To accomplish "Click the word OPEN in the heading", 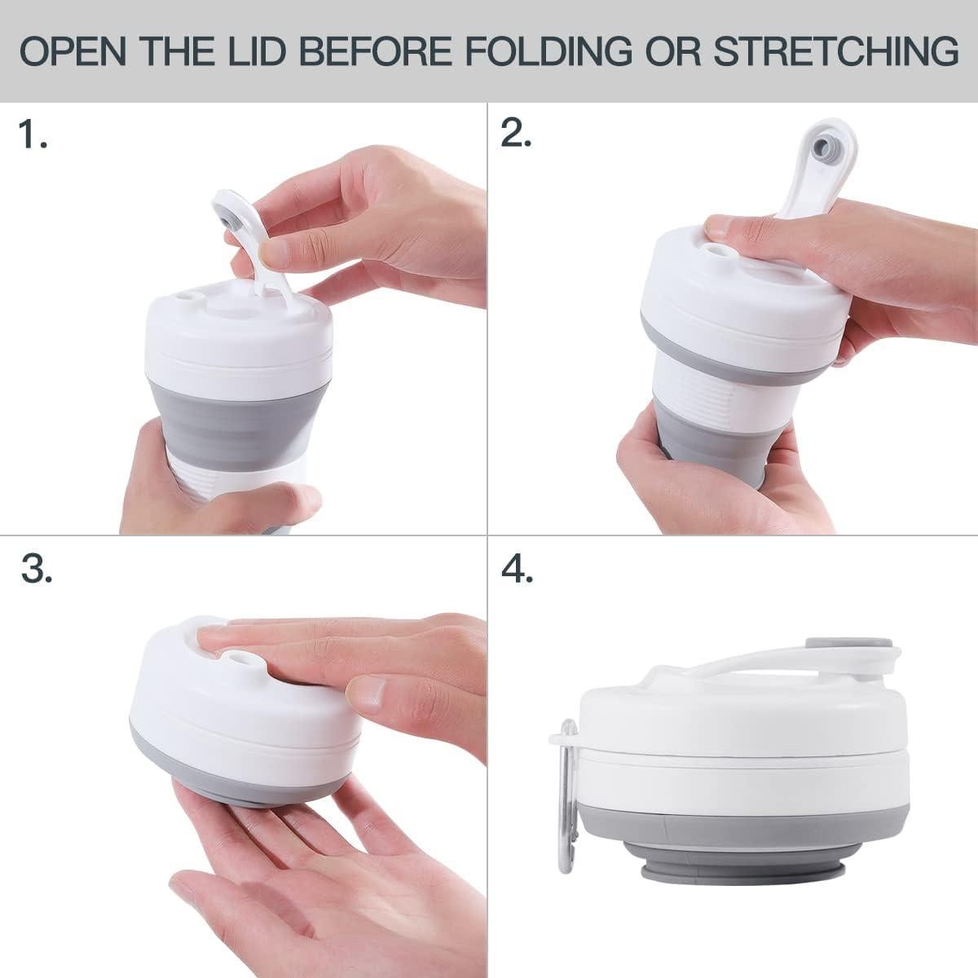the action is [73, 51].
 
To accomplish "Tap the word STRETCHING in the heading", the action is [835, 51].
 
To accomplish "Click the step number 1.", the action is [33, 135].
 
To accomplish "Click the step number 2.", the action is [516, 135].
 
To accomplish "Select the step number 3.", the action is [37, 570].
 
